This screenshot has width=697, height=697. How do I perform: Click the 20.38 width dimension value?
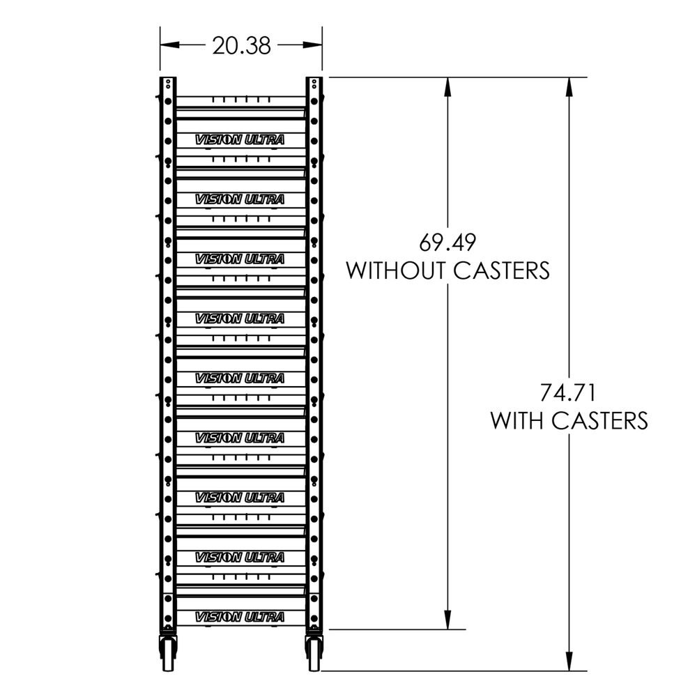coord(241,45)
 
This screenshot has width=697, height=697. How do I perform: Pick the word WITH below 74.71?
coord(517,421)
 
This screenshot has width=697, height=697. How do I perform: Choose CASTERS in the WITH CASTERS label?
coord(600,421)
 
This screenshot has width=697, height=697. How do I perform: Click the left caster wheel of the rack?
coord(168,654)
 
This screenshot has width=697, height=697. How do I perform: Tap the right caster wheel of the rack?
coord(314,654)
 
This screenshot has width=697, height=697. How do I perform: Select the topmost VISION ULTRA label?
coord(240,139)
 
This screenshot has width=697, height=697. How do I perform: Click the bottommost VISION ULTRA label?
coord(240,617)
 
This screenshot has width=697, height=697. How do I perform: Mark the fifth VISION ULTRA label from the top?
coord(240,378)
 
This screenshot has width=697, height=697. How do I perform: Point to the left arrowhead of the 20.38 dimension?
coord(167,45)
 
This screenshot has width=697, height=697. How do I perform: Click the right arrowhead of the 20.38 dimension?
coord(316,45)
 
